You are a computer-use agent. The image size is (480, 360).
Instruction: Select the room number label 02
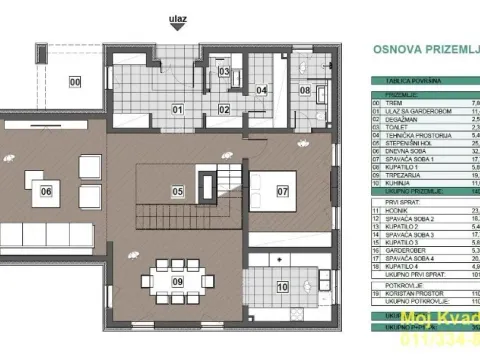click(x=225, y=109)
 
